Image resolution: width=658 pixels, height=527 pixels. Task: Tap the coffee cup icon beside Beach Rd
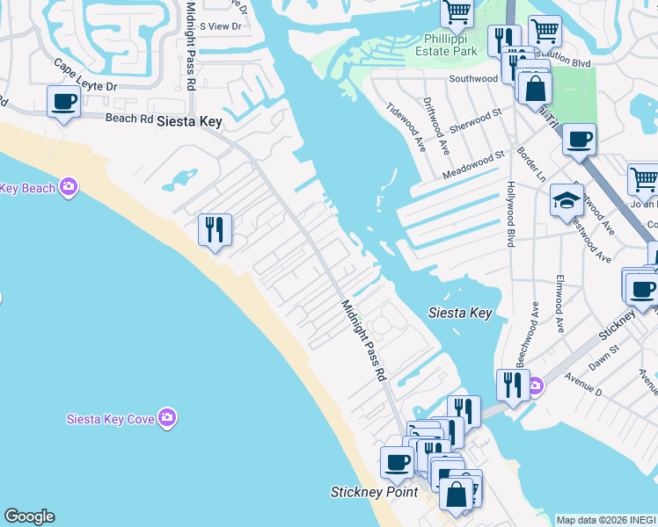click(x=64, y=103)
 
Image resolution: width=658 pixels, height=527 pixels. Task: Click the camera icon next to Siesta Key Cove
click(x=168, y=418)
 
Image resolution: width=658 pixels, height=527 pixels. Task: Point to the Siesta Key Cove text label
click(x=111, y=419)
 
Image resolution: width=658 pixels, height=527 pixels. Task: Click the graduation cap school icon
click(x=567, y=202)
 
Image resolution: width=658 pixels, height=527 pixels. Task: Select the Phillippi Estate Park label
click(x=450, y=45)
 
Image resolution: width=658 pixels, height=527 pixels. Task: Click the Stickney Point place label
click(x=374, y=492)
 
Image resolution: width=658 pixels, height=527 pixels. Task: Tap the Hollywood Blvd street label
click(x=509, y=214)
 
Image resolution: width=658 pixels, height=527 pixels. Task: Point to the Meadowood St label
click(x=474, y=161)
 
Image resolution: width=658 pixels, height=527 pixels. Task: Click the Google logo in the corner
click(x=29, y=516)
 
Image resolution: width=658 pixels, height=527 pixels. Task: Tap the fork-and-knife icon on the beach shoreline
click(x=215, y=230)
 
